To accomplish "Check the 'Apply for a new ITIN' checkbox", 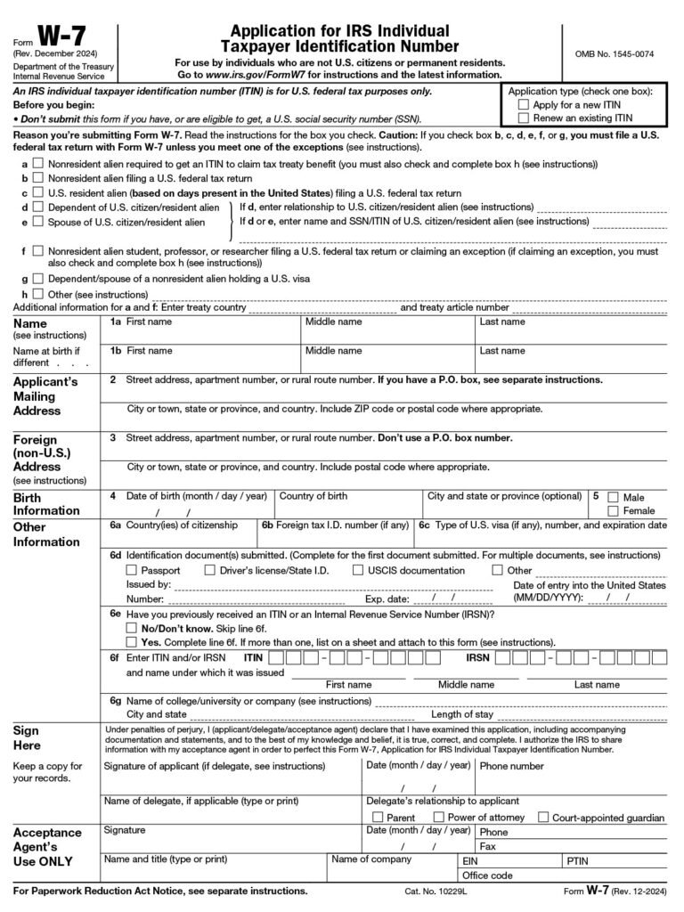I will click(524, 104).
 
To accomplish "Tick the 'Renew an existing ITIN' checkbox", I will click(524, 118).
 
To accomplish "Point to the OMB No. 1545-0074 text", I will click(621, 54).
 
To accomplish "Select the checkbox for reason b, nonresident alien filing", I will click(37, 178).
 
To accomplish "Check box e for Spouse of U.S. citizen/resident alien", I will click(37, 221).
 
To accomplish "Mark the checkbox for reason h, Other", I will click(37, 293).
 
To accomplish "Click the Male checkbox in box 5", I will click(613, 497).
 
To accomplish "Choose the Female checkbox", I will click(613, 510).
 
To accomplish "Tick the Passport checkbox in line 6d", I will click(132, 570).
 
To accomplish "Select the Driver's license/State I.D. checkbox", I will click(210, 570).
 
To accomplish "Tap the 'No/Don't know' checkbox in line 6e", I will click(132, 628).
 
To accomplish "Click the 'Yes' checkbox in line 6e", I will click(132, 641).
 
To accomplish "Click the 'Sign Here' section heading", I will click(27, 737).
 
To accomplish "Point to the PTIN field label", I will click(577, 862).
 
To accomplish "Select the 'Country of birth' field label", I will click(313, 496).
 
